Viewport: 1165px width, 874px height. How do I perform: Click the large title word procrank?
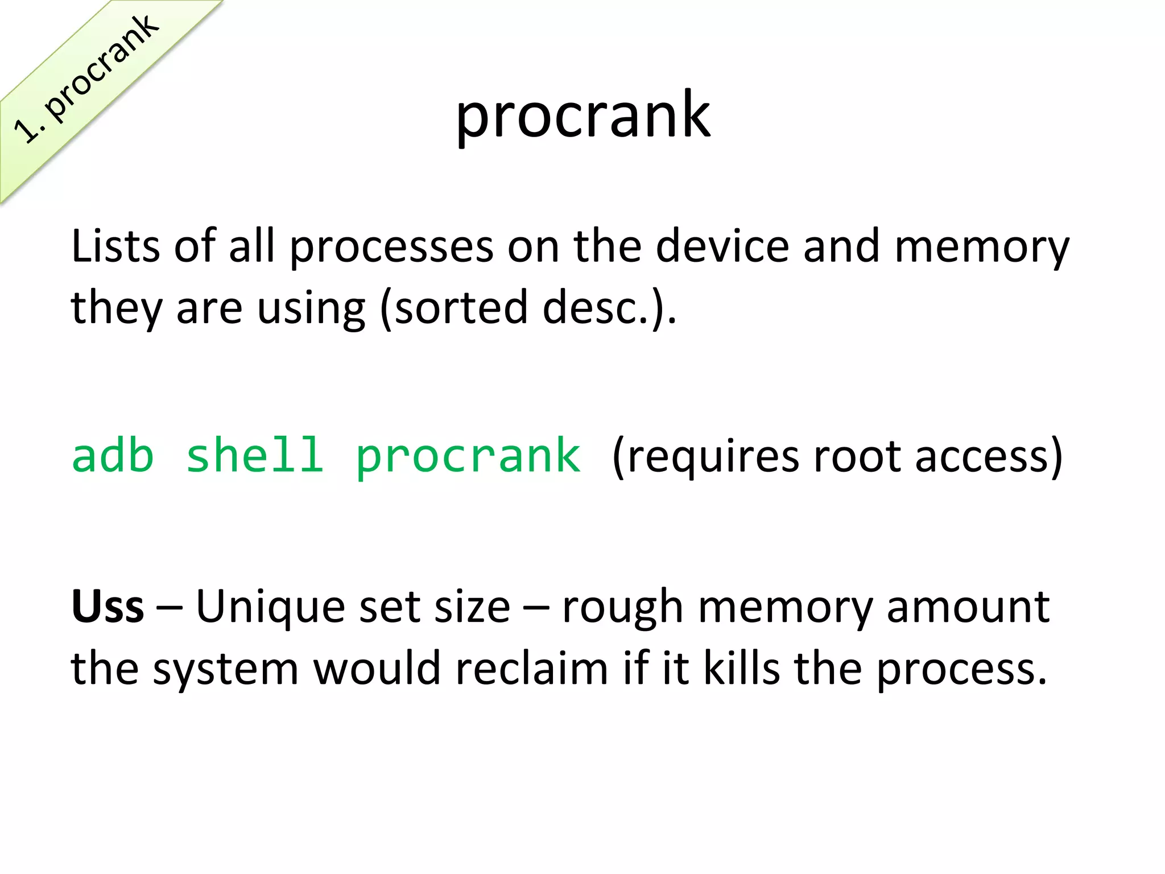click(582, 117)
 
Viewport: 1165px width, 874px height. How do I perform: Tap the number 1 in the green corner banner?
click(25, 130)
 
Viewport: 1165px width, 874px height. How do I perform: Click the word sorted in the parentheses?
click(461, 307)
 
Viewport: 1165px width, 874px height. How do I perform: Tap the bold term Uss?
click(108, 607)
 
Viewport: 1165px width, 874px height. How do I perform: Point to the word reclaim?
click(532, 668)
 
